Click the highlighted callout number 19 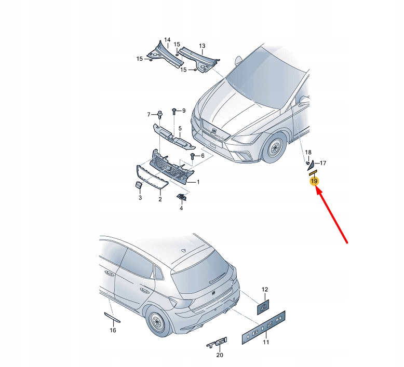[314, 181]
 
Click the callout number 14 [167, 40]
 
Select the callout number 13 [202, 46]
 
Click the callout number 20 [219, 356]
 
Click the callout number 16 [113, 330]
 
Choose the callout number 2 [160, 199]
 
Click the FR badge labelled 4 [181, 197]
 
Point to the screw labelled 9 [175, 111]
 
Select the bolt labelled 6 [193, 155]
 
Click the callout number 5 [180, 128]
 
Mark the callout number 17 [322, 163]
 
